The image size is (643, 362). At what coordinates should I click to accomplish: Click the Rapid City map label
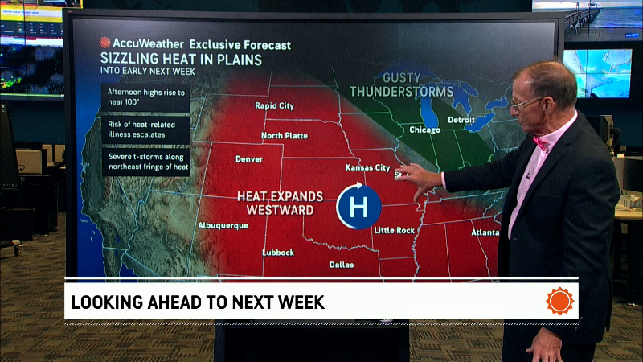coord(274,105)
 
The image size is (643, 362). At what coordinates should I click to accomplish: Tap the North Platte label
coord(285,135)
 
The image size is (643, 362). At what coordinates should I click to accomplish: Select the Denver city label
coord(248,159)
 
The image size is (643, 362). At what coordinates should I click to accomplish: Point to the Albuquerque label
coord(223,225)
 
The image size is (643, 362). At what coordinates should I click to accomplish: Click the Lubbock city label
coord(278,252)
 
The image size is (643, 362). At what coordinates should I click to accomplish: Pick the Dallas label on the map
coord(342,264)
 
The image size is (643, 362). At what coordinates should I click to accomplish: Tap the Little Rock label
coord(395,231)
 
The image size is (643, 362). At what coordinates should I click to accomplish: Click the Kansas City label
coord(367,169)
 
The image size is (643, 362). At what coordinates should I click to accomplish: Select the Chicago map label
coord(424,129)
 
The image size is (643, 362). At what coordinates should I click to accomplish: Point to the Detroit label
coord(461,120)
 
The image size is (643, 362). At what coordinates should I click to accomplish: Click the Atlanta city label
coord(485,233)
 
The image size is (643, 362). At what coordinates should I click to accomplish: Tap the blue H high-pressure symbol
coord(359,206)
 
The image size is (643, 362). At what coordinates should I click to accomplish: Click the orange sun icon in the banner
coord(560,302)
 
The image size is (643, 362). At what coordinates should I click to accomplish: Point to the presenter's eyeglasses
coord(526,102)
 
